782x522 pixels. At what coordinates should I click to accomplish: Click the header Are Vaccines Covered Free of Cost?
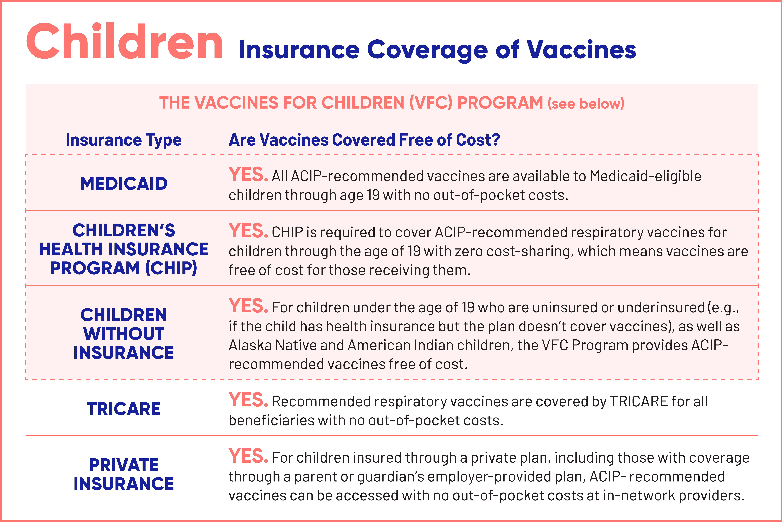(x=364, y=140)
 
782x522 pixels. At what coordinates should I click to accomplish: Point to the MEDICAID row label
(x=124, y=184)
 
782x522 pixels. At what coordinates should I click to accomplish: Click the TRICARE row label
(x=124, y=409)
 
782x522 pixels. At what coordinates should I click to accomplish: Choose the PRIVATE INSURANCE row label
(x=124, y=474)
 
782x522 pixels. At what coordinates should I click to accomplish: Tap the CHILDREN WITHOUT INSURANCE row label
(x=124, y=334)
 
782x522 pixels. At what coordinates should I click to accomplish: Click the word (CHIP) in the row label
(x=171, y=268)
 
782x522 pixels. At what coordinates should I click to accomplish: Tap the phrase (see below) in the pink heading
(x=586, y=104)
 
